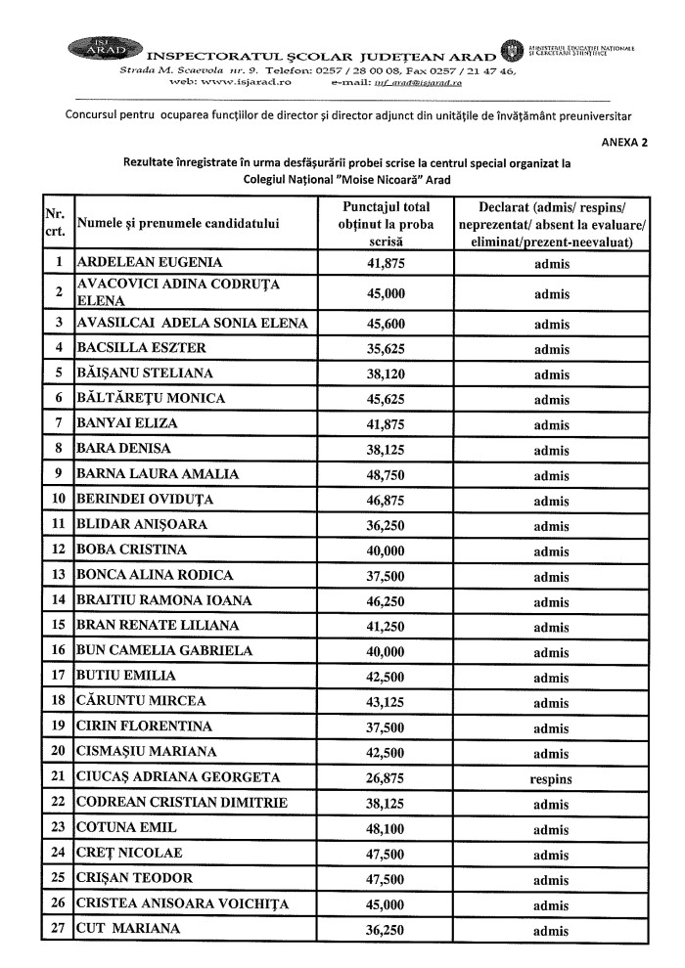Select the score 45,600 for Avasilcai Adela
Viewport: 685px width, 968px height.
pos(385,324)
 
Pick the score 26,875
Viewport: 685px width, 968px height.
pos(385,779)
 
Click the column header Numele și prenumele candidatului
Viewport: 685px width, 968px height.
pos(177,223)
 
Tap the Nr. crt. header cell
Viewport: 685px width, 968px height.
pos(55,223)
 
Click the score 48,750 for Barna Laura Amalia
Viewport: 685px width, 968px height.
pos(385,474)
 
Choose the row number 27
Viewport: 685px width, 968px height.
pos(58,931)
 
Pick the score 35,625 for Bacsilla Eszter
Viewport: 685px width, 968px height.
pos(385,348)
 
